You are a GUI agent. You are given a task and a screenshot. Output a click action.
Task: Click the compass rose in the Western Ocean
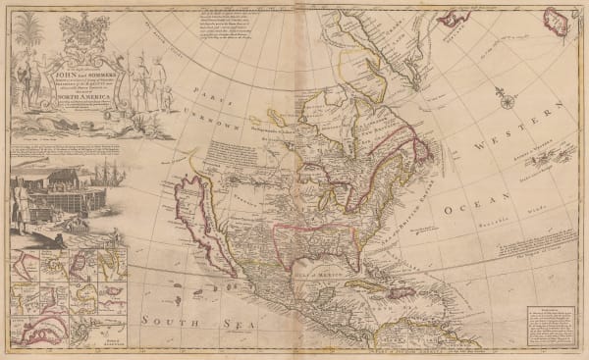pos(506,99)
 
